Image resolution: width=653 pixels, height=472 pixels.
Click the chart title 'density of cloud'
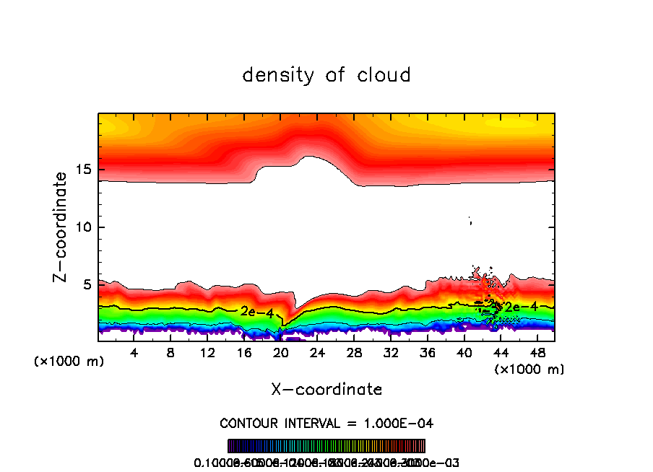point(326,74)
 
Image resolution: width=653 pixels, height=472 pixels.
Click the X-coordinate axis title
point(326,389)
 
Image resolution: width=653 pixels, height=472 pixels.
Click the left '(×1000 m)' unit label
point(69,362)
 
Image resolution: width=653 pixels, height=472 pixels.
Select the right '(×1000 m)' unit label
point(529,369)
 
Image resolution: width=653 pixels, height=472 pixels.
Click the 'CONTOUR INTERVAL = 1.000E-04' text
point(326,422)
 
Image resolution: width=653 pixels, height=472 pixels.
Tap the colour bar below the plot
point(326,445)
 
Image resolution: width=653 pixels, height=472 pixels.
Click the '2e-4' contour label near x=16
point(256,312)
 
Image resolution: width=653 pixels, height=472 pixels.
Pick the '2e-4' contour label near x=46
point(520,307)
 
